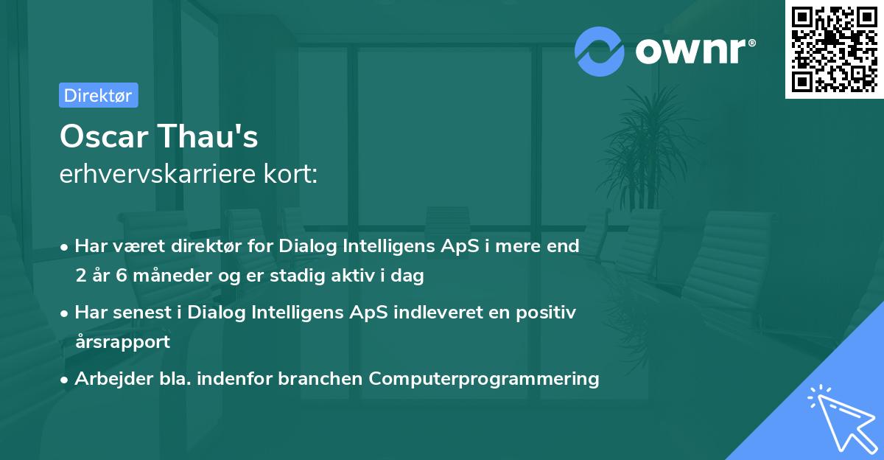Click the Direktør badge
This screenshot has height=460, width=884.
[x=98, y=95]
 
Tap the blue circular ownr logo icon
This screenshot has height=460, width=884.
[x=599, y=51]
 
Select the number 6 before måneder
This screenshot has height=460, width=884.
[x=121, y=276]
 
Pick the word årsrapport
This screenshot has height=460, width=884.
[x=122, y=341]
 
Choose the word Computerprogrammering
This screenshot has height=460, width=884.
[x=484, y=378]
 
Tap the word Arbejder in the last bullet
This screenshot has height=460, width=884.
[x=108, y=378]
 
